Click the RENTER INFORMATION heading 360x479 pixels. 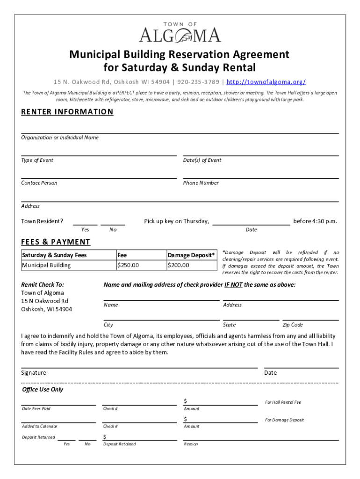(x=67, y=112)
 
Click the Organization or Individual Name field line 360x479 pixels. (x=180, y=132)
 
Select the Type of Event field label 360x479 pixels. (x=37, y=160)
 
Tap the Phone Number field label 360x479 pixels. (x=201, y=183)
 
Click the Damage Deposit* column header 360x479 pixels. (x=192, y=255)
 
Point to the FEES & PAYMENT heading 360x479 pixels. (x=56, y=242)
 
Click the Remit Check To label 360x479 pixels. (x=43, y=284)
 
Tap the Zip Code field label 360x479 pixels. (x=293, y=325)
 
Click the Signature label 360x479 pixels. (x=34, y=373)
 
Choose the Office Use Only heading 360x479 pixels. (x=43, y=390)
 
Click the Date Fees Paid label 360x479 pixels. (x=36, y=409)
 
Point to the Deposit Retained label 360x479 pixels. (x=119, y=444)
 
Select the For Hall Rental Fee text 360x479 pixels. (x=283, y=402)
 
